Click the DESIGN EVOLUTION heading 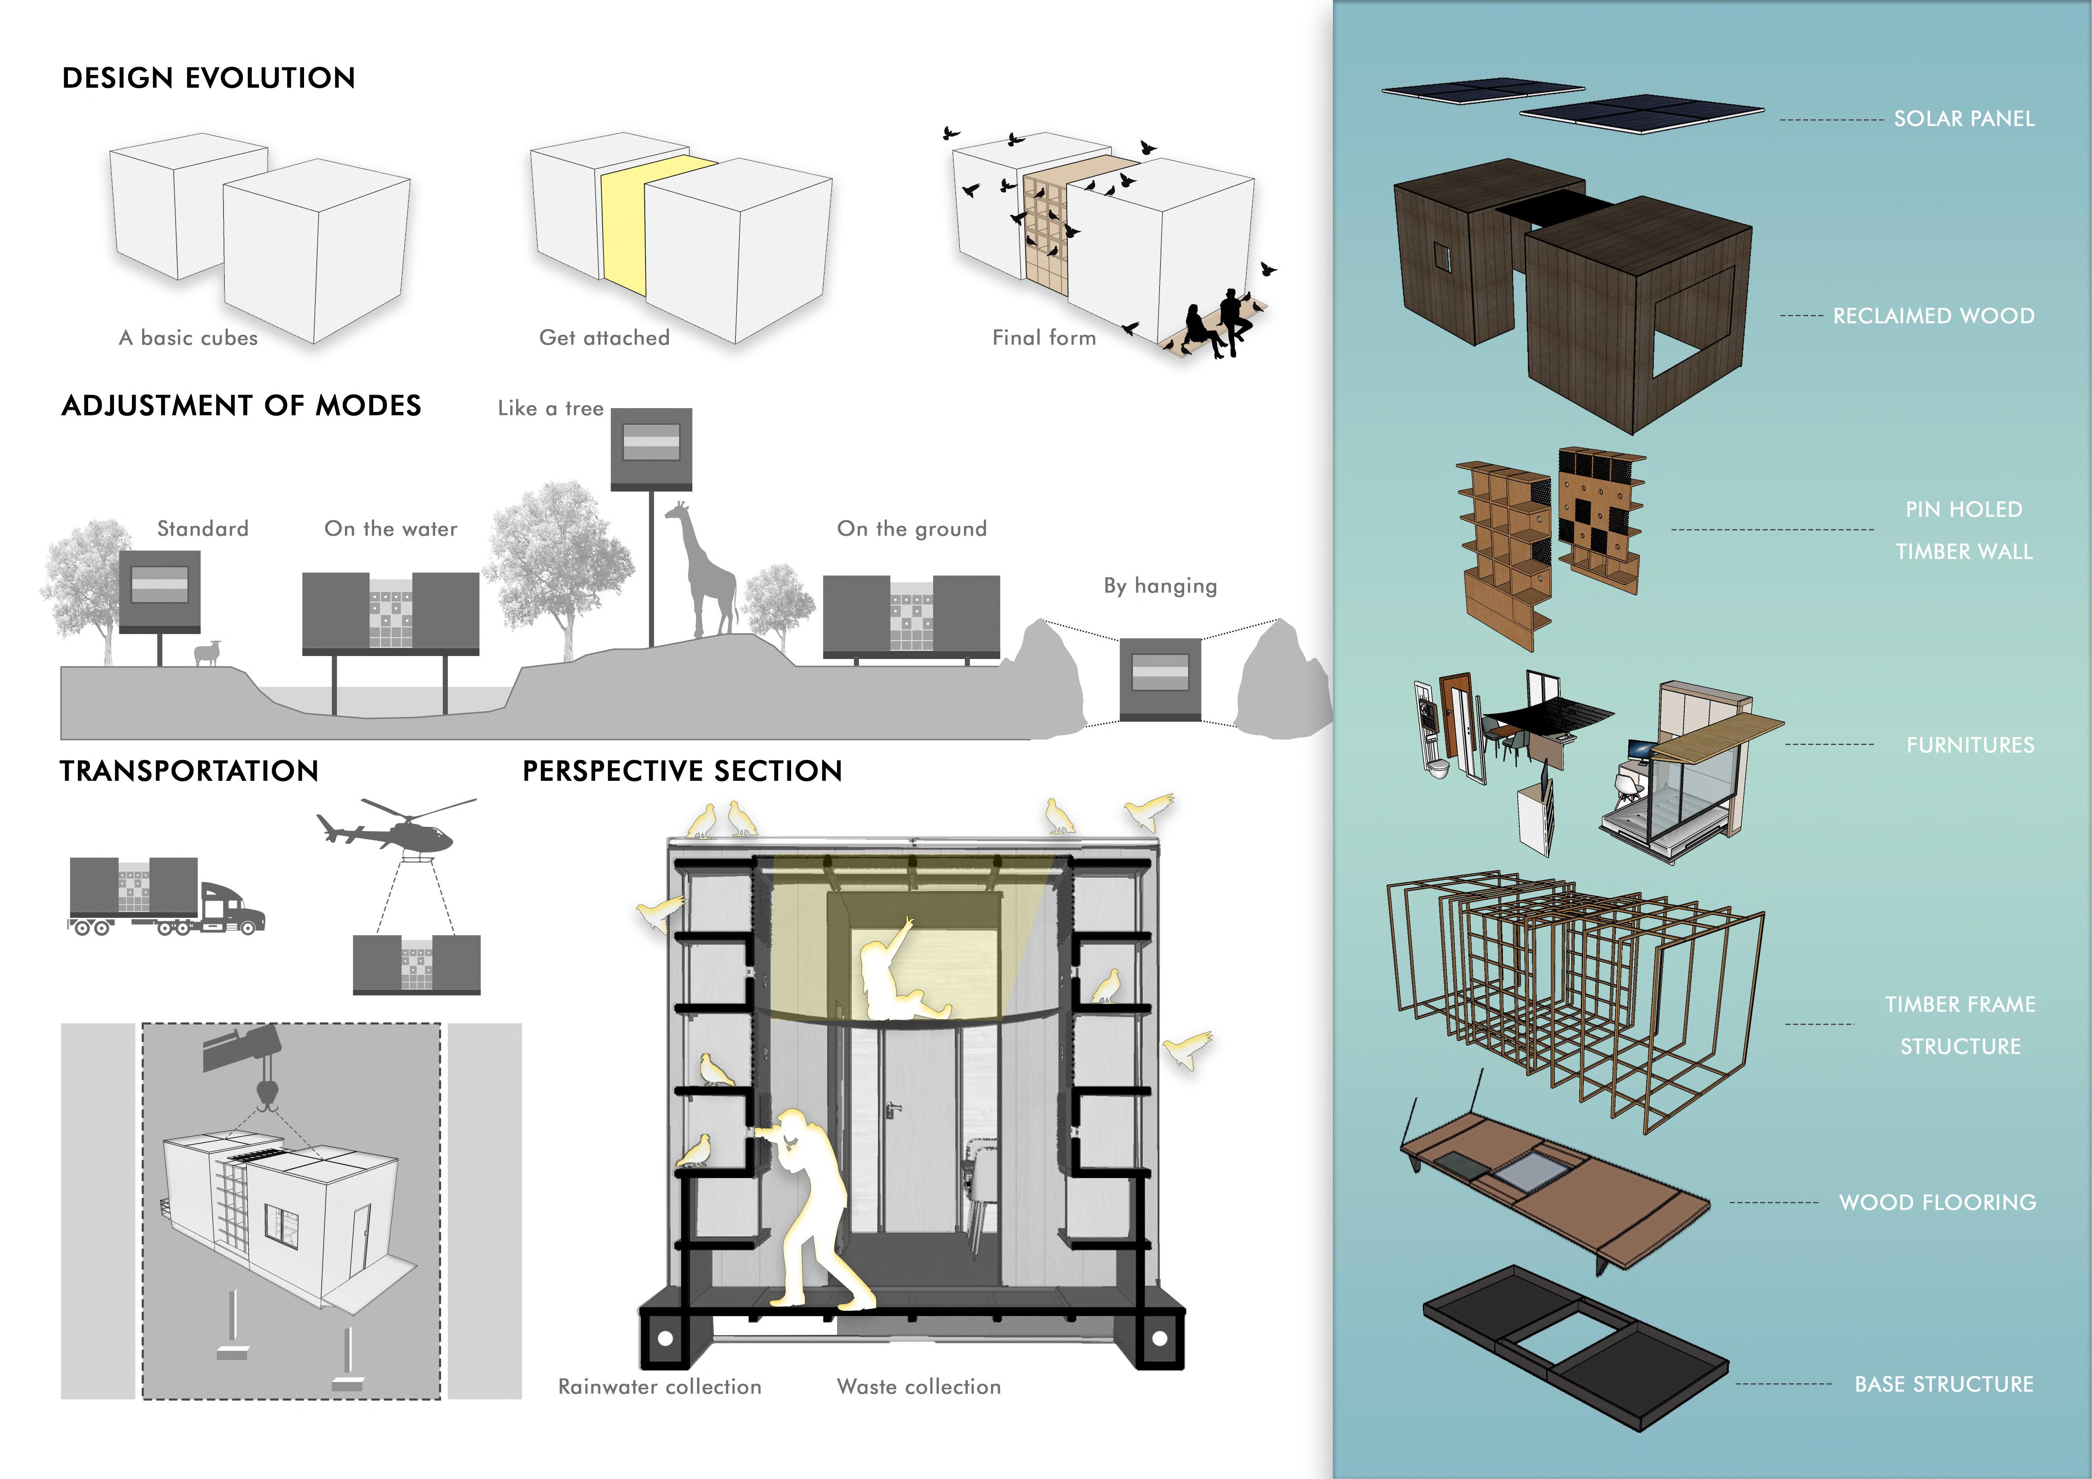(x=209, y=78)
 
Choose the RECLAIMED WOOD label (x=1933, y=316)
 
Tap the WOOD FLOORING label (x=1937, y=1202)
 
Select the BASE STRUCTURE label (x=1944, y=1384)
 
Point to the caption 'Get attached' (x=604, y=338)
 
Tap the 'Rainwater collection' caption (x=660, y=1386)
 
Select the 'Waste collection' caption (x=918, y=1386)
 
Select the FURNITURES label (x=1970, y=745)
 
